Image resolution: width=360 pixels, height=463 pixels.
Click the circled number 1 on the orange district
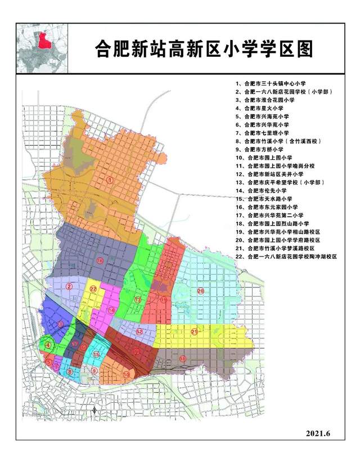pos(110,179)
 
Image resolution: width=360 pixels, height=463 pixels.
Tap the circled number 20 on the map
pos(200,291)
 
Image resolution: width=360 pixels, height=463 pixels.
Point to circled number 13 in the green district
pos(138,301)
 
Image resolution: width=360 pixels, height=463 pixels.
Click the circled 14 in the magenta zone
pos(112,310)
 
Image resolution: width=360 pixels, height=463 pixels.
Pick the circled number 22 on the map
pos(93,289)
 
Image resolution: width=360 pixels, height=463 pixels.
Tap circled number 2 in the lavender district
pos(69,286)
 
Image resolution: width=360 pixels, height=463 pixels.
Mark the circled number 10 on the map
pos(127,374)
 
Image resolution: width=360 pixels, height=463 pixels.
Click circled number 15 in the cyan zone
pos(97,354)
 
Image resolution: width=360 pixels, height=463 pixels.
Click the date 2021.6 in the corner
pos(321,433)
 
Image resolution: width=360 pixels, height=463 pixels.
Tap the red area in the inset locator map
pos(40,41)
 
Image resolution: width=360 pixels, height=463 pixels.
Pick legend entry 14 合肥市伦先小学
pos(263,191)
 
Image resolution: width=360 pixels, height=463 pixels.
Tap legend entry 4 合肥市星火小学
pos(263,108)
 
